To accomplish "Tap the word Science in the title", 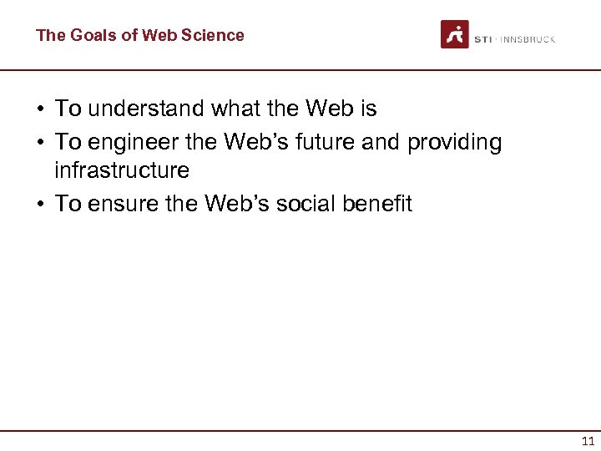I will coord(215,35).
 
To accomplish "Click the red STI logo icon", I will coord(455,34).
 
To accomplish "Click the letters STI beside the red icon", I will coord(483,39).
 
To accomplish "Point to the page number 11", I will coord(588,441).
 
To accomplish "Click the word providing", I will coord(455,143).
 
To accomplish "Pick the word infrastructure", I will coord(122,170).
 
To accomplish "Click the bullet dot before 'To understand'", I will coord(39,109).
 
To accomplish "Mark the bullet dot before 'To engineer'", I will coord(39,144).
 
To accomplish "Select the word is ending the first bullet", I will coord(367,109).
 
